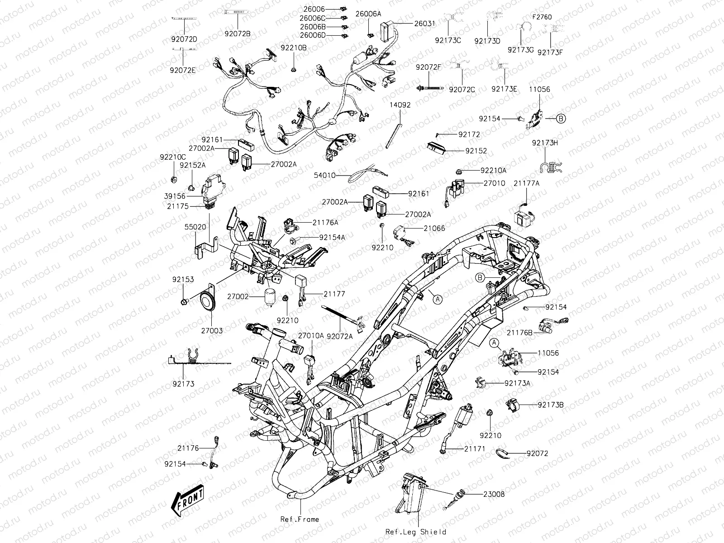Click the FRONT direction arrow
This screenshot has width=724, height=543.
click(x=187, y=501)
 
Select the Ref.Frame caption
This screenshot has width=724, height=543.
click(x=299, y=519)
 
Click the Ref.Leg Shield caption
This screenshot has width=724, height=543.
click(x=416, y=532)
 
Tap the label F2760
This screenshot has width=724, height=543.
click(x=542, y=17)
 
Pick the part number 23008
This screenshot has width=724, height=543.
click(x=494, y=494)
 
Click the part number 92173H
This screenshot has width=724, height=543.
click(x=545, y=143)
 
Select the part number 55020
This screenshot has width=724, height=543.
click(x=195, y=226)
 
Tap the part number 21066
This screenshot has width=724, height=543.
click(x=434, y=229)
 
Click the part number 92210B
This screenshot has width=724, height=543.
click(x=293, y=48)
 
